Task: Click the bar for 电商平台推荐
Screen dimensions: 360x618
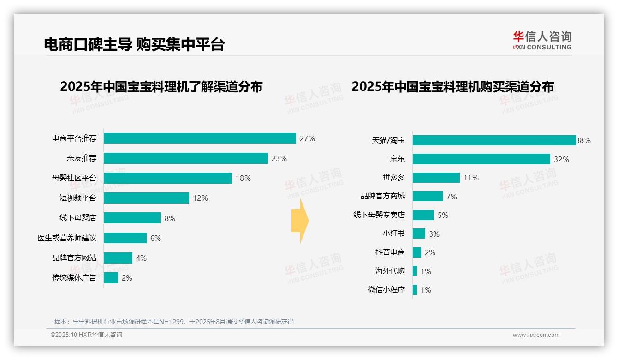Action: point(200,138)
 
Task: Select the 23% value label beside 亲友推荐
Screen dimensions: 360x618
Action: point(279,158)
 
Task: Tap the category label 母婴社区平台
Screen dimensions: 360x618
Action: point(74,178)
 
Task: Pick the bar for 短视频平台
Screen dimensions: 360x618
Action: point(146,198)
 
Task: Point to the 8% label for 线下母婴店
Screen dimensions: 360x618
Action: point(170,218)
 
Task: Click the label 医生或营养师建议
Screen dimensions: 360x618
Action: point(67,238)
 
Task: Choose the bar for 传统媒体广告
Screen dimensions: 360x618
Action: point(111,278)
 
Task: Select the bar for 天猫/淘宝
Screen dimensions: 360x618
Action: point(494,140)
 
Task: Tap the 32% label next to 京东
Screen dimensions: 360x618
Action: point(561,159)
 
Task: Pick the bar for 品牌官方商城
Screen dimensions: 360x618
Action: point(428,196)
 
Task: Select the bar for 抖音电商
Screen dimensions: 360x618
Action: point(417,252)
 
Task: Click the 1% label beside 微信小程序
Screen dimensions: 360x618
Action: point(426,290)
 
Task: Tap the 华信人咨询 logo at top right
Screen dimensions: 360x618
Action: point(542,40)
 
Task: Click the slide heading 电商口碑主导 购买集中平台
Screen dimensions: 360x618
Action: point(134,44)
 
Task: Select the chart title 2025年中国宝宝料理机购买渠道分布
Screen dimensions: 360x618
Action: point(452,87)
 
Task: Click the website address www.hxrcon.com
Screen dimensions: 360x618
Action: point(536,335)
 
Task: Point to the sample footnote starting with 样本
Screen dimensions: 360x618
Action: point(174,322)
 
